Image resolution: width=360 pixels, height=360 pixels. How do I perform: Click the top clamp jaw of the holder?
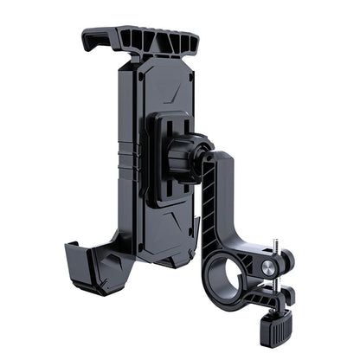pos(140,40)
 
